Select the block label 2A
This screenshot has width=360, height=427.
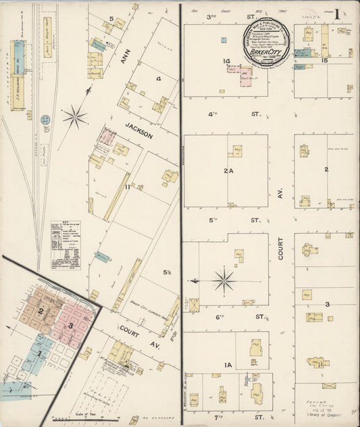pyautogui.click(x=228, y=172)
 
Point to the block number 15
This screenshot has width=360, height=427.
pyautogui.click(x=325, y=61)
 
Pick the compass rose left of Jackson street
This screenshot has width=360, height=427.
pyautogui.click(x=75, y=117)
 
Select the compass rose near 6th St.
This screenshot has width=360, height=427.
pyautogui.click(x=224, y=279)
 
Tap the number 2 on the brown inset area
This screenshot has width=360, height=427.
pyautogui.click(x=41, y=311)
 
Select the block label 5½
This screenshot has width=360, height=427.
pyautogui.click(x=166, y=272)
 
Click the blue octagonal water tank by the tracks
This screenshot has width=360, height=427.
pyautogui.click(x=45, y=120)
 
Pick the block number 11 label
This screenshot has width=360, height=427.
pyautogui.click(x=127, y=186)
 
